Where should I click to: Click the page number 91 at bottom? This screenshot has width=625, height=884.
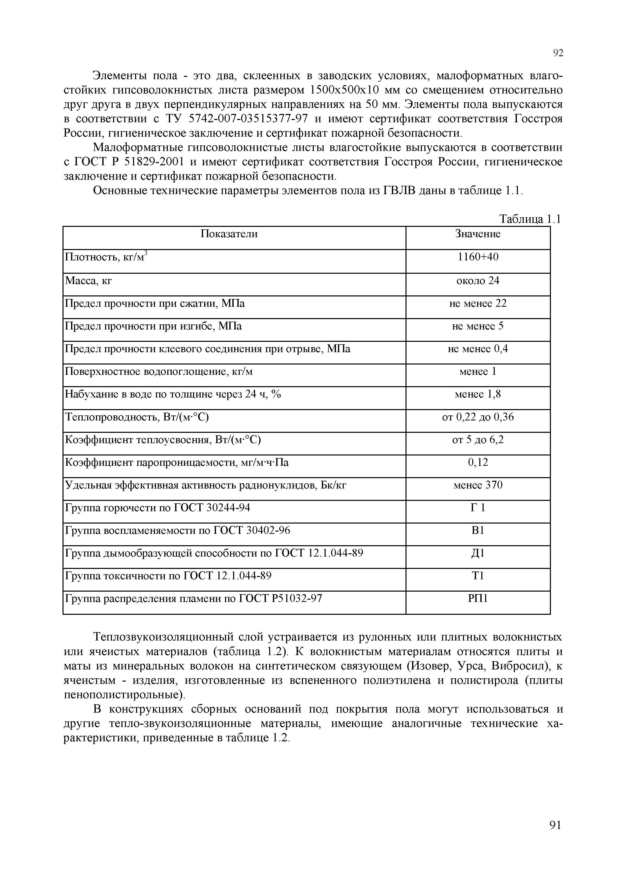coord(555,836)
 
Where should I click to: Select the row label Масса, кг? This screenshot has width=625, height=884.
coord(88,281)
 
